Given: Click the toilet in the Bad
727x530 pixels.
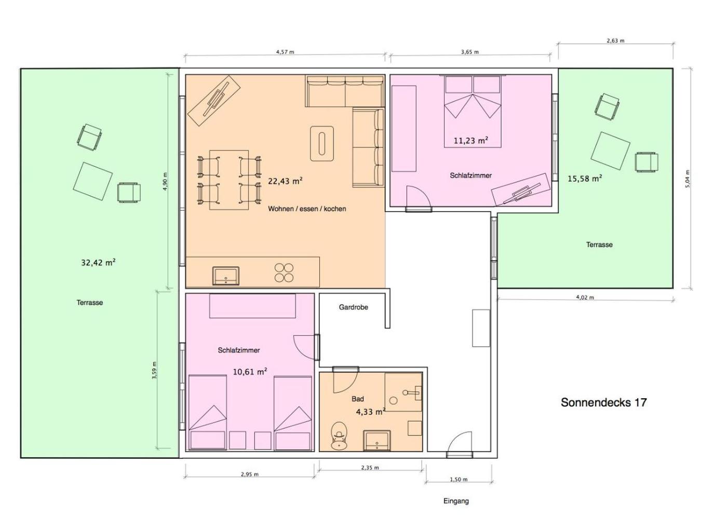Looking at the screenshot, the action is [339, 436].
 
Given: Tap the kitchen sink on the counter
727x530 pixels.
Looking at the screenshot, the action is [225, 276].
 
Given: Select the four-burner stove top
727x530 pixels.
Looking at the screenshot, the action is [284, 273].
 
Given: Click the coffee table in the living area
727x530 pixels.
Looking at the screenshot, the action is [321, 143].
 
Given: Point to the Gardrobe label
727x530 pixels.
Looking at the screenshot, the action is [354, 307].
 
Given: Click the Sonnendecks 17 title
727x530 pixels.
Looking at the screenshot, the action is [603, 402].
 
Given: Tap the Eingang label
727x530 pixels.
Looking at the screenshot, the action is [456, 501].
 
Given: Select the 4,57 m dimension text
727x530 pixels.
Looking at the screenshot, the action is [285, 52].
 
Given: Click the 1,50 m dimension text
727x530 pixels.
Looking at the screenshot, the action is [458, 480].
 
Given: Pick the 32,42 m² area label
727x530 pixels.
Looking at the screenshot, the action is [98, 262].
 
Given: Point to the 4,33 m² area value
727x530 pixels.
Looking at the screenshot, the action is [371, 412].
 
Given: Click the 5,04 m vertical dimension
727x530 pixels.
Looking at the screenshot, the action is [688, 179].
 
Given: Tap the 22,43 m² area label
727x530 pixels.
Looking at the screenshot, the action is [285, 181].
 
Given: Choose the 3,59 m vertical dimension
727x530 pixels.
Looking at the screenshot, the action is [155, 370].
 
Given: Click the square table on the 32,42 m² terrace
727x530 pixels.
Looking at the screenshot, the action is [93, 181].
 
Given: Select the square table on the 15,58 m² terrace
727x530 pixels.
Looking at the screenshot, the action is [610, 151].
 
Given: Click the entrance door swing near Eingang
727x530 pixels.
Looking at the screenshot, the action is [459, 442].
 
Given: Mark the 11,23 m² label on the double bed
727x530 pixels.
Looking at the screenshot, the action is [471, 141].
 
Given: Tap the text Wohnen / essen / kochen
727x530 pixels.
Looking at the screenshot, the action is [307, 209].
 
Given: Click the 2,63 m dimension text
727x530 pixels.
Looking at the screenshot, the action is [615, 41].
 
